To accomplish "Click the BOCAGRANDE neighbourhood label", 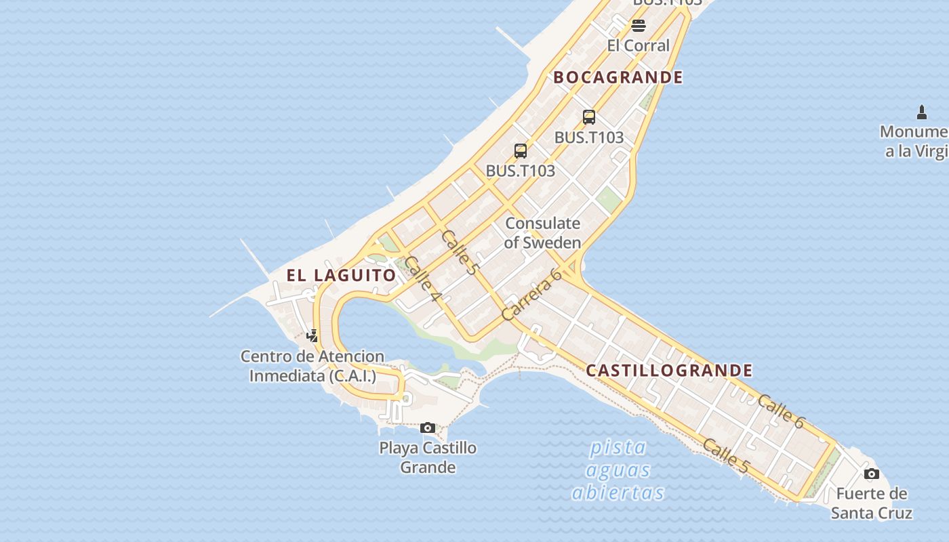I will pyautogui.click(x=618, y=77).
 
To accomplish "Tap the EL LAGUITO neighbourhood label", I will pyautogui.click(x=341, y=275).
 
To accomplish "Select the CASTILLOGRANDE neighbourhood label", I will pyautogui.click(x=669, y=371).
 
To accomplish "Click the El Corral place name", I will pyautogui.click(x=639, y=45).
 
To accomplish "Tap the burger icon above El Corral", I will pyautogui.click(x=639, y=26).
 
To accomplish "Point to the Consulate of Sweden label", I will pyautogui.click(x=542, y=232).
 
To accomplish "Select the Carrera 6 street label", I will pyautogui.click(x=532, y=295).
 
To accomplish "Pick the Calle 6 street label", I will pyautogui.click(x=781, y=411).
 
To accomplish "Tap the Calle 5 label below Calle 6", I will pyautogui.click(x=726, y=456).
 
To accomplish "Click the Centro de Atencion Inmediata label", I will pyautogui.click(x=312, y=365).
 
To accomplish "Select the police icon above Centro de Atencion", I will pyautogui.click(x=312, y=335).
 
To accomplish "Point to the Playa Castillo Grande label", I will pyautogui.click(x=428, y=457).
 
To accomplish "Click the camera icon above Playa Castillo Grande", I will pyautogui.click(x=428, y=428).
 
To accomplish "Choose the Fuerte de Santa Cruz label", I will pyautogui.click(x=872, y=503).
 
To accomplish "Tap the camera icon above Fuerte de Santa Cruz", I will pyautogui.click(x=872, y=474).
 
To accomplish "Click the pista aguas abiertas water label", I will pyautogui.click(x=618, y=470).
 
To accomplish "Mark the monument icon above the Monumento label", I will pyautogui.click(x=921, y=112).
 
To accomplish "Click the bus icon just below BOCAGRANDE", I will pyautogui.click(x=589, y=117).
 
